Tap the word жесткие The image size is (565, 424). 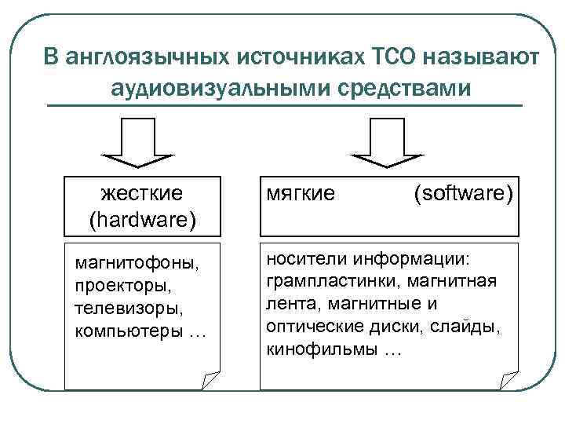[142, 192]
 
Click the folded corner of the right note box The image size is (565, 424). [509, 382]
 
